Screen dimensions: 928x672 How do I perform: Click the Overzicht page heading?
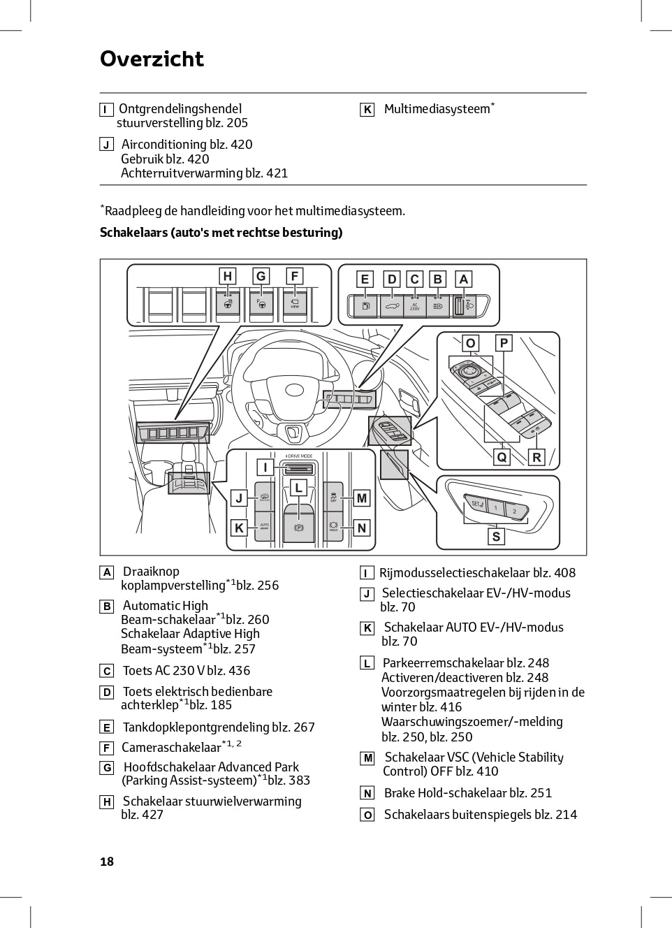coord(152,59)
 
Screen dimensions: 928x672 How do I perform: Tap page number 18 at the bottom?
coord(107,861)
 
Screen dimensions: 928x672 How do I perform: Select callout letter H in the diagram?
coord(227,276)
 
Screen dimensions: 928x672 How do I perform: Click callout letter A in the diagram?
coord(463,279)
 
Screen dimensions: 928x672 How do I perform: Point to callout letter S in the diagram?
coord(496,536)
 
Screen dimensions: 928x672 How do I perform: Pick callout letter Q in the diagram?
coord(502,457)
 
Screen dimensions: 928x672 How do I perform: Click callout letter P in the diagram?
coord(503,343)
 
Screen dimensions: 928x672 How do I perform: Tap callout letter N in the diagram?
coord(362,528)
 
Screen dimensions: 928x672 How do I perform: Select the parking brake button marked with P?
coord(299,528)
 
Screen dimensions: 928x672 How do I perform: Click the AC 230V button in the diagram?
coord(414,306)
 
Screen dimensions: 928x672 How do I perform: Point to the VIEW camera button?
coord(295,303)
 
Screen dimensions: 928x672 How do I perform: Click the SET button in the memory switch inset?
coord(477,503)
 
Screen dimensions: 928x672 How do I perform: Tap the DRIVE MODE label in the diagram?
coord(299,456)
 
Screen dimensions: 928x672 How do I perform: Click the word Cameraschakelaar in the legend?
coord(171,747)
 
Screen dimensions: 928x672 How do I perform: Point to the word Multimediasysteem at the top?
coord(437,109)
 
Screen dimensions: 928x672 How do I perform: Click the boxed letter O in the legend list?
coord(367,815)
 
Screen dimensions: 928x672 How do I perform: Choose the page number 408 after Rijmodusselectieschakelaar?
coord(564,573)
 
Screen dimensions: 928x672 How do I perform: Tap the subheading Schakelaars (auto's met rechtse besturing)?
coord(221,233)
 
